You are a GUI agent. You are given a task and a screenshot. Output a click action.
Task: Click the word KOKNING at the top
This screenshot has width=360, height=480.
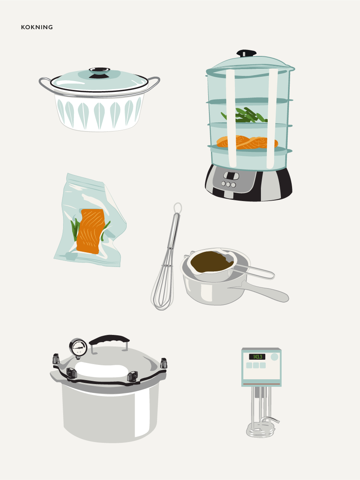pos(37,27)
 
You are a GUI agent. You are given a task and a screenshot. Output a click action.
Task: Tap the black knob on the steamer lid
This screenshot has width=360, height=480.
pos(247,53)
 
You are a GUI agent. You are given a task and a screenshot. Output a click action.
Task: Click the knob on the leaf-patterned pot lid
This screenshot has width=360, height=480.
pos(99,72)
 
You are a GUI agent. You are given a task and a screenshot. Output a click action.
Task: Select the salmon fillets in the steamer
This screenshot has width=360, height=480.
pos(247,142)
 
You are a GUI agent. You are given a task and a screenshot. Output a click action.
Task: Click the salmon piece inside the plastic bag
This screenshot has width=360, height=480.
pos(90,231)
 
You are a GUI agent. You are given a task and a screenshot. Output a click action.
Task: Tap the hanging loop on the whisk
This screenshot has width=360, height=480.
pos(178,208)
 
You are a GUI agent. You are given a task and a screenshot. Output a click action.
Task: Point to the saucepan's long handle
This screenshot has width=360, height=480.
pos(260,291)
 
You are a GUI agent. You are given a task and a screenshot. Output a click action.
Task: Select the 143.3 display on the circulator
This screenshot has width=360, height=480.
pos(257,357)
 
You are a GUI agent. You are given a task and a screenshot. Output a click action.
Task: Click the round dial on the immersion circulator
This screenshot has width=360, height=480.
pos(274,357)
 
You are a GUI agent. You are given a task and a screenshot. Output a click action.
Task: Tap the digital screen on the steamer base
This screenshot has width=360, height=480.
pos(231,175)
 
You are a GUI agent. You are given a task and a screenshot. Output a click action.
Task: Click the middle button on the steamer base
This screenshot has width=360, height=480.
pos(229,184)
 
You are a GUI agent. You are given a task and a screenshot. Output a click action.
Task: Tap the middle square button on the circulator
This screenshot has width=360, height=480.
pos(256,365)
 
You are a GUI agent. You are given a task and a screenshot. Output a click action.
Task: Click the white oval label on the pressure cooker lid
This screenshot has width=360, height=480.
pos(101,369)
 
